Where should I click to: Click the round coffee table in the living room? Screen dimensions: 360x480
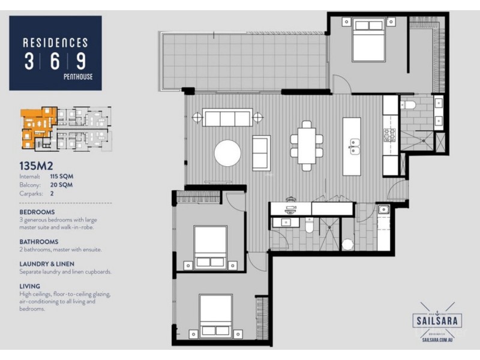[227, 152]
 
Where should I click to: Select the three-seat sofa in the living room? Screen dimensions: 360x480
[227, 118]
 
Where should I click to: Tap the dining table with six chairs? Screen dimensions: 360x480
[307, 145]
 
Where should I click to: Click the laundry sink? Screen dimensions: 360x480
[383, 210]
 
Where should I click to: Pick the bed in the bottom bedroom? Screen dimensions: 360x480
[215, 316]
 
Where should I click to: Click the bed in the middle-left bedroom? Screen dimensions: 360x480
[210, 247]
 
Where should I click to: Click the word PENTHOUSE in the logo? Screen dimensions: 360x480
[78, 76]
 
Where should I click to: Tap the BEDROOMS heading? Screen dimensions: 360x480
[37, 212]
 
